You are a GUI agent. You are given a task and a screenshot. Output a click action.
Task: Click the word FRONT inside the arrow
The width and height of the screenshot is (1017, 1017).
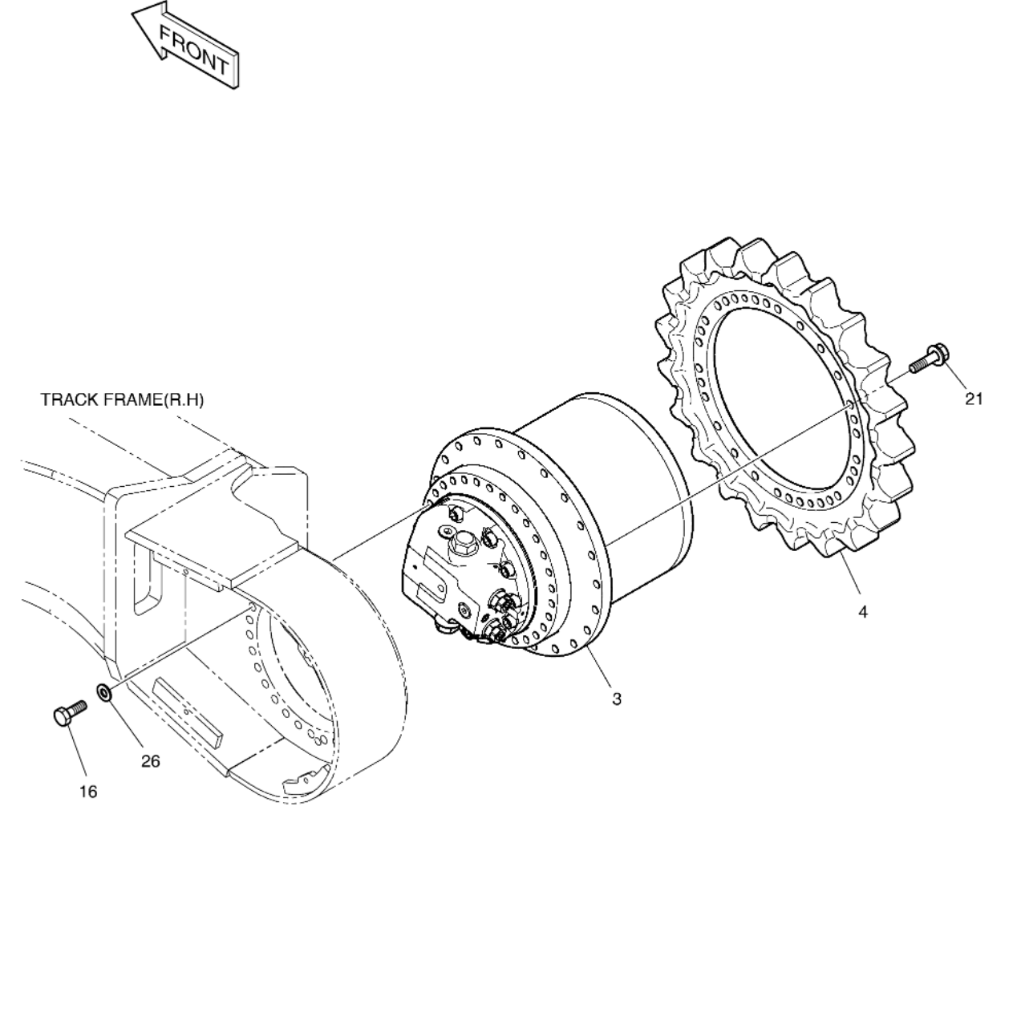[x=194, y=50]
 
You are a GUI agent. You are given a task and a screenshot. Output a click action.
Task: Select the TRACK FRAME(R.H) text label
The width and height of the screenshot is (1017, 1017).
[x=122, y=400]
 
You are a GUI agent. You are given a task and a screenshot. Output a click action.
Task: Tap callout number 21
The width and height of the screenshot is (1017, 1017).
[x=973, y=399]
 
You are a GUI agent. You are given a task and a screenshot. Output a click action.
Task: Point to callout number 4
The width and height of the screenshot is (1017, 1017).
[x=862, y=612]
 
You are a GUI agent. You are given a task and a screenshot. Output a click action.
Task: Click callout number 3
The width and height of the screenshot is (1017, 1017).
[x=616, y=699]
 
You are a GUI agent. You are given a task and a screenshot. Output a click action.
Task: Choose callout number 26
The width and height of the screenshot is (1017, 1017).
[x=151, y=761]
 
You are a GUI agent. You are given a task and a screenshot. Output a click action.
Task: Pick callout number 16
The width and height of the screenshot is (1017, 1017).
[x=88, y=792]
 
